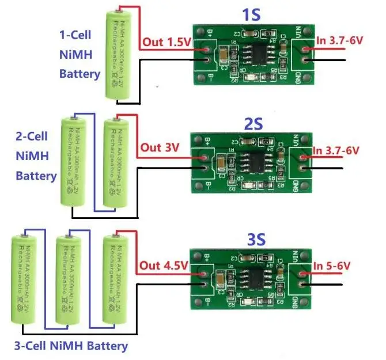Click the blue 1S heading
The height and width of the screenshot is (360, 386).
(251, 14)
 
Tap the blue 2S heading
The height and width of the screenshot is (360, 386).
(253, 124)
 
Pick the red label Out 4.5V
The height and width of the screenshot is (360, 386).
(164, 266)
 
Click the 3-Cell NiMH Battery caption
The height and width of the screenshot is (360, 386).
(70, 346)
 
